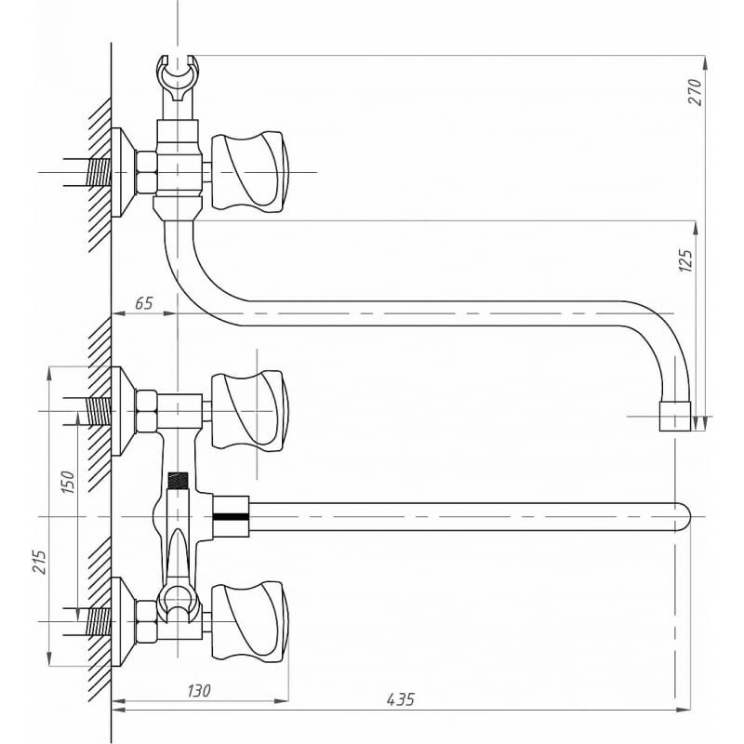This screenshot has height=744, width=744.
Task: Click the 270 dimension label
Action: click(x=694, y=90)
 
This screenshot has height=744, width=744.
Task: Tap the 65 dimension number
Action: click(x=143, y=303)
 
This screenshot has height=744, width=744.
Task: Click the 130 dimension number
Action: click(x=197, y=691)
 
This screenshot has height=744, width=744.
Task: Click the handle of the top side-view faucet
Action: click(x=249, y=172)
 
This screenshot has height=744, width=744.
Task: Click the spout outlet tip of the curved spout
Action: click(x=674, y=417)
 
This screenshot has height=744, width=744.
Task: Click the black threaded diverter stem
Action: click(x=177, y=482)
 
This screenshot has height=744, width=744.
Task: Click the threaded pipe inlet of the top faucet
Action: click(x=97, y=172)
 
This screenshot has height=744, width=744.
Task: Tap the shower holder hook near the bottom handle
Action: click(x=177, y=602)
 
